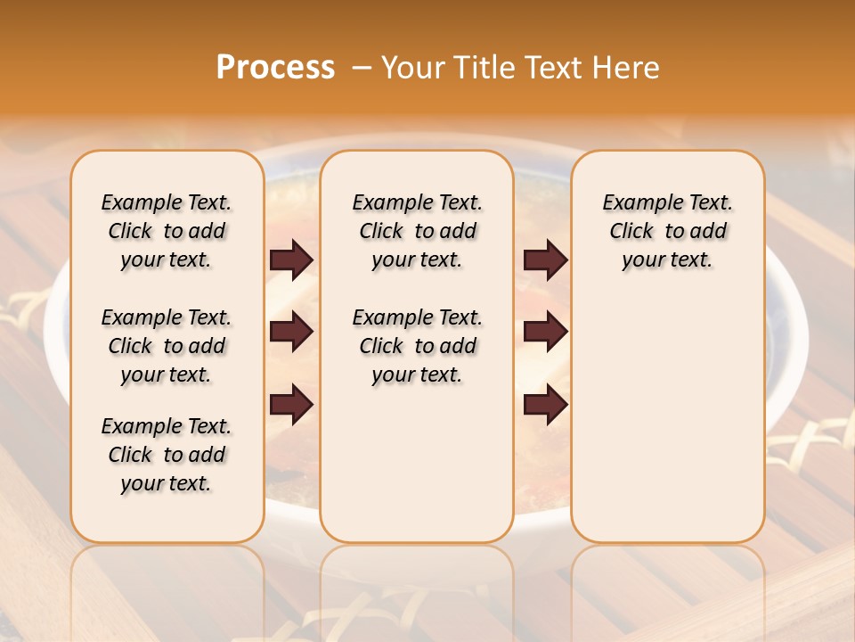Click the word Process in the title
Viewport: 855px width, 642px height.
[x=275, y=68]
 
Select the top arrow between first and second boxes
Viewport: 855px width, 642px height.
[x=291, y=259]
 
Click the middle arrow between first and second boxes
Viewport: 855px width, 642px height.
[x=291, y=332]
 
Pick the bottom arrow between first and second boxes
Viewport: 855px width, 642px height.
[x=291, y=404]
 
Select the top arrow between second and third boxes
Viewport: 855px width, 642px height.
[x=545, y=259]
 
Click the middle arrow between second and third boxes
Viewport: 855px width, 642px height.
[x=545, y=332]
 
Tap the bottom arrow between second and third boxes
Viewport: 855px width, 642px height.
[x=545, y=404]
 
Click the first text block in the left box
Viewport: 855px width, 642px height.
[x=167, y=231]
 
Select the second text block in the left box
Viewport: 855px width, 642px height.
[x=167, y=346]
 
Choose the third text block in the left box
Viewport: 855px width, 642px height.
[x=167, y=455]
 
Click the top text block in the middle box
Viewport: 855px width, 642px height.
[x=417, y=231]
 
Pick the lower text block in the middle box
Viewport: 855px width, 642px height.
[x=417, y=346]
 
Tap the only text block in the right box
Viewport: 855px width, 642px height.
[x=667, y=231]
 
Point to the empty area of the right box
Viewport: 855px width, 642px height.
[x=667, y=410]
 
